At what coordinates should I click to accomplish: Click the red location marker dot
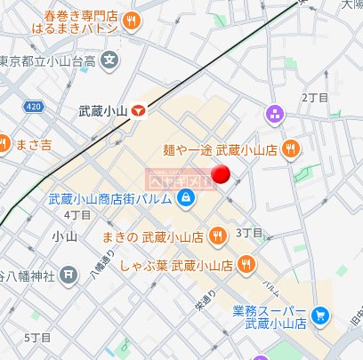point(223,175)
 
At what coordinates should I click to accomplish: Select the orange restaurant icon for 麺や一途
point(288,150)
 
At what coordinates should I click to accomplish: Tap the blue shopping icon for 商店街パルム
point(185,197)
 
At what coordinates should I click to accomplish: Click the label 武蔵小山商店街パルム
point(109,197)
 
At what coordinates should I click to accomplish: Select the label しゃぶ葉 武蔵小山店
point(176,264)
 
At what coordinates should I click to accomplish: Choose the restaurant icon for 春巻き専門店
point(132,20)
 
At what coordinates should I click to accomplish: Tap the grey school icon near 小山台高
point(109,62)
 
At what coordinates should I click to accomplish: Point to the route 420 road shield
point(34,106)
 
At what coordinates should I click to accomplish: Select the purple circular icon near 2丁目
point(273,114)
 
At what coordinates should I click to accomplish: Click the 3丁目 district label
point(249,233)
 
